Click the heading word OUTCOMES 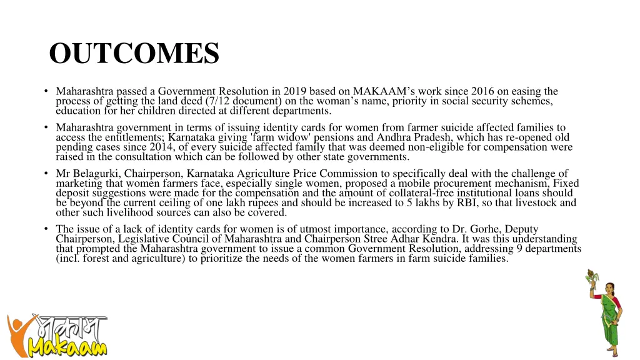coord(134,54)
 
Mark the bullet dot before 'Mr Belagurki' coord(46,174)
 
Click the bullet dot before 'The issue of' coord(46,229)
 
